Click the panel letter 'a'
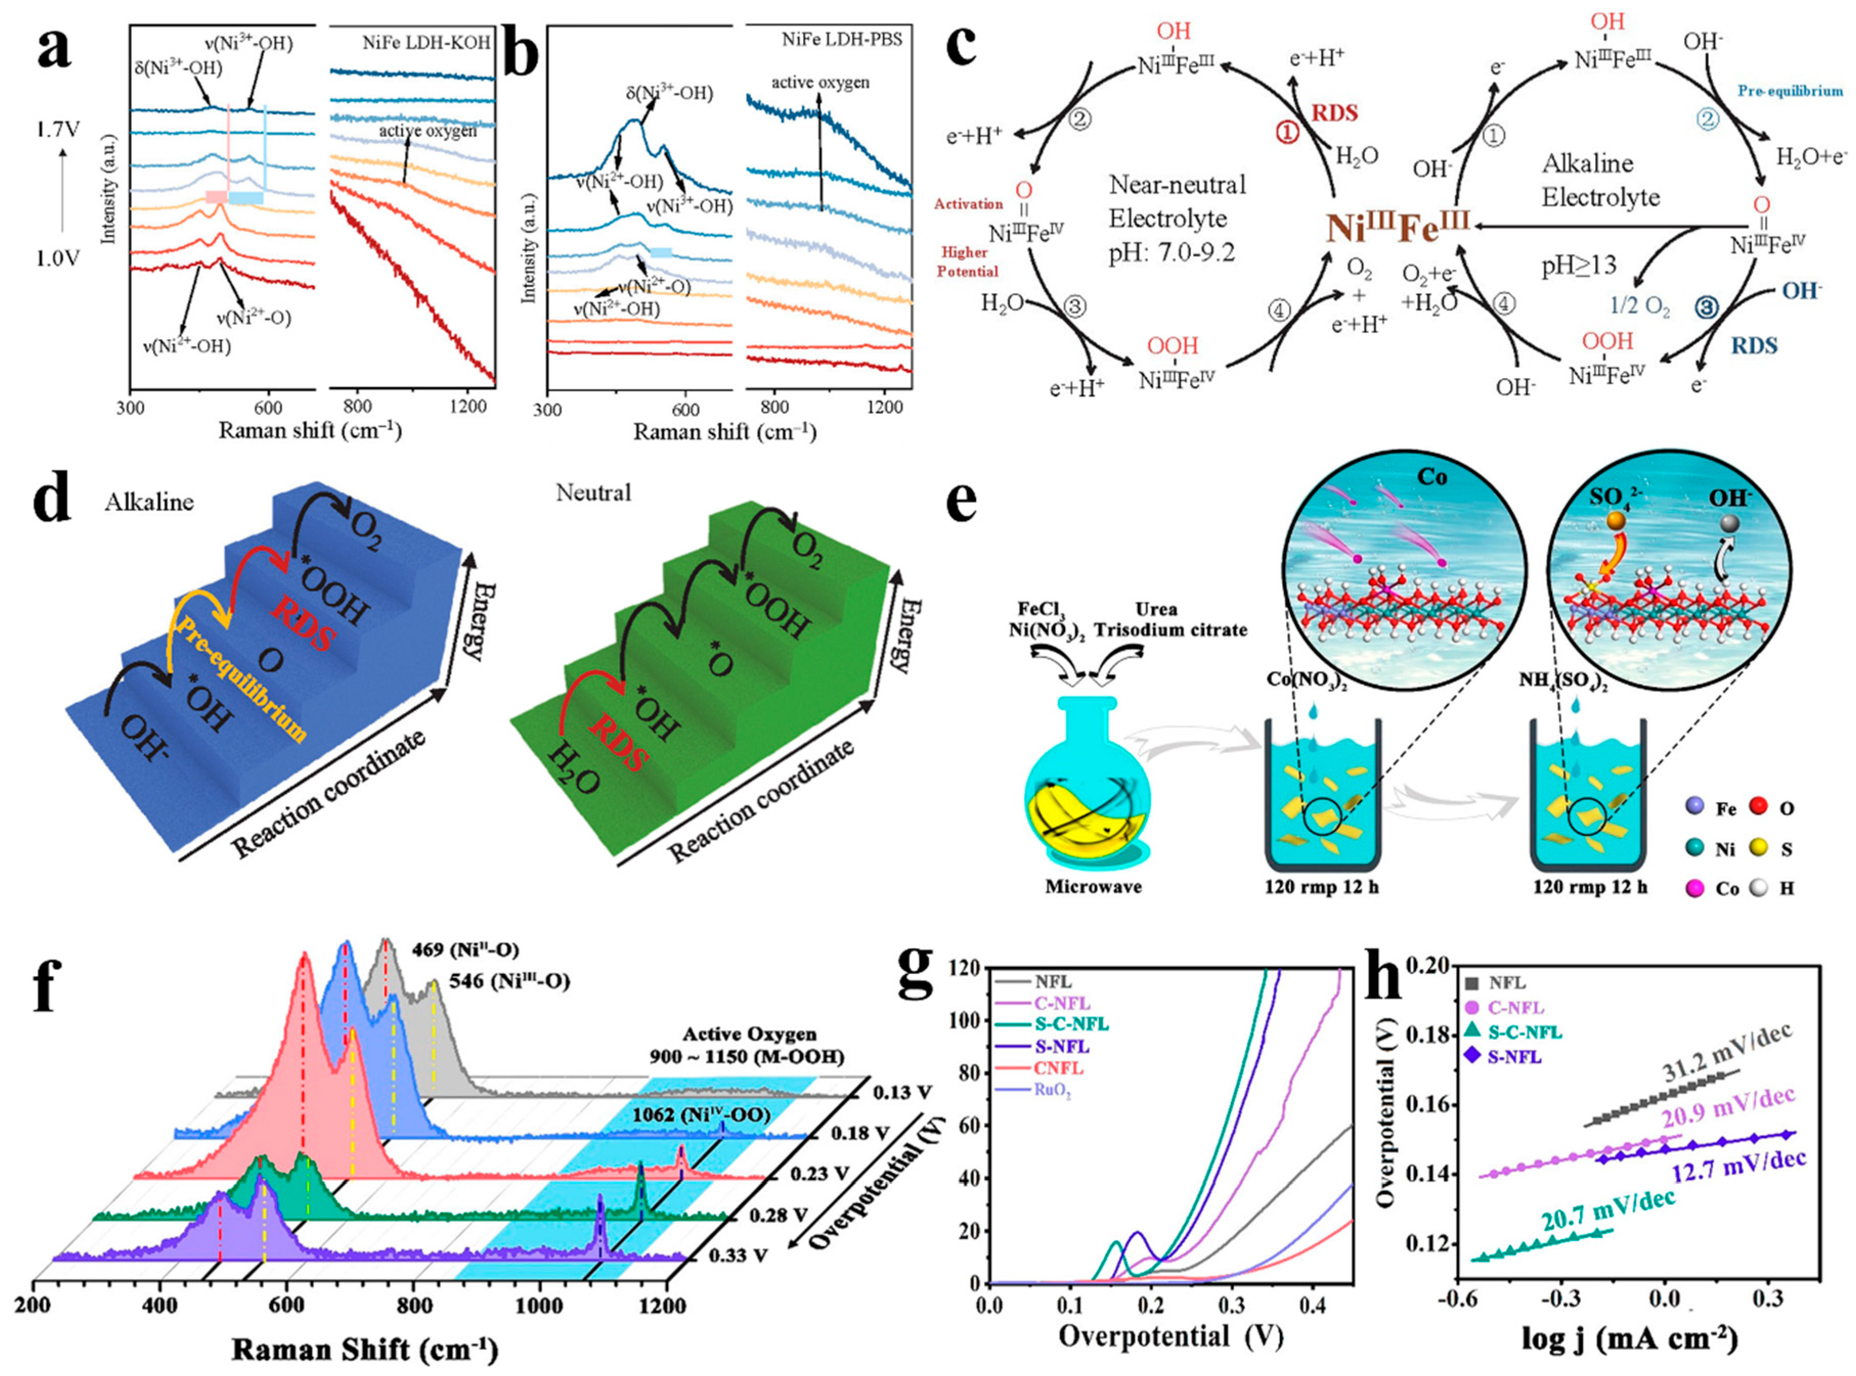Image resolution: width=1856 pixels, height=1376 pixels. (54, 52)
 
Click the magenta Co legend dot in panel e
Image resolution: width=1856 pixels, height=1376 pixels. (1693, 889)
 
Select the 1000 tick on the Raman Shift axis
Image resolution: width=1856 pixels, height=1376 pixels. (540, 1304)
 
